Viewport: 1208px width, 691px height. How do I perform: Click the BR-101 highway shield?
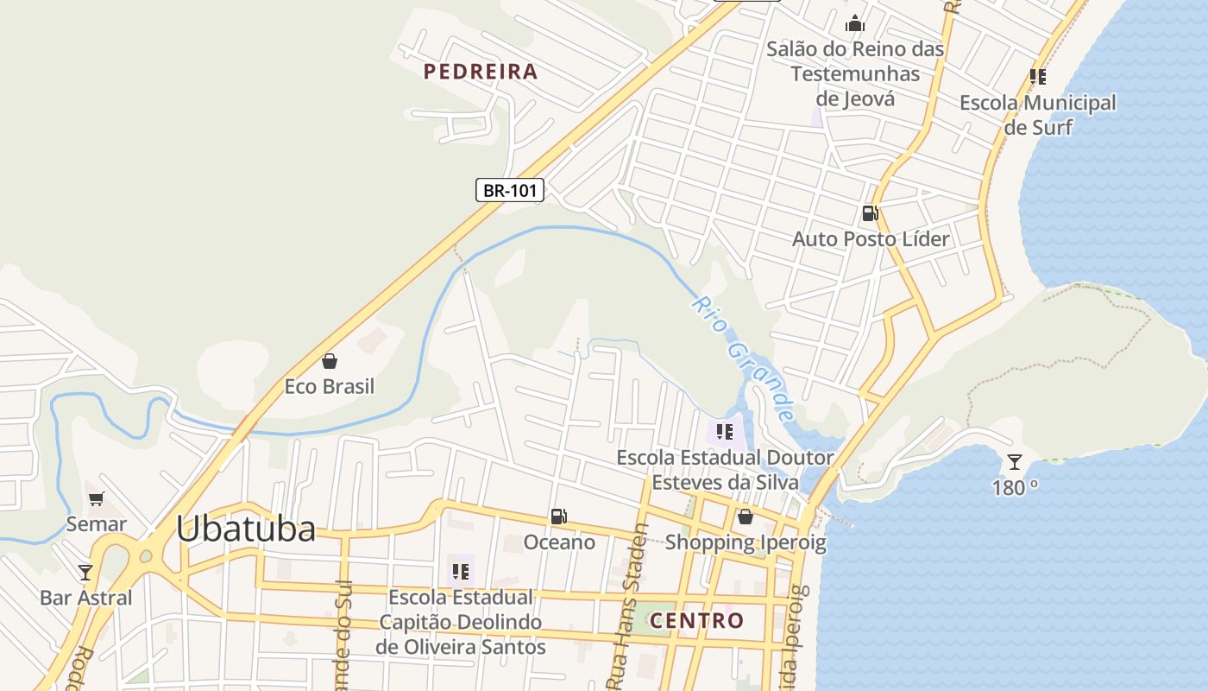click(510, 190)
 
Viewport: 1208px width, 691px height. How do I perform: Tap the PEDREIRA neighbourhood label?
click(481, 72)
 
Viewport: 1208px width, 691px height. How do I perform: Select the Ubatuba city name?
click(246, 529)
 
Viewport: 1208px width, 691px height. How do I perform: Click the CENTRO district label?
click(696, 620)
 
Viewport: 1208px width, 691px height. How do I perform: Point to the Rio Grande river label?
click(742, 358)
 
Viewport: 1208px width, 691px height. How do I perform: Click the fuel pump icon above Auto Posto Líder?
click(871, 213)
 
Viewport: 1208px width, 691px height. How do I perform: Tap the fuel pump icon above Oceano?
click(559, 517)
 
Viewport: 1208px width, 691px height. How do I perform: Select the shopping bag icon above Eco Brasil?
click(329, 360)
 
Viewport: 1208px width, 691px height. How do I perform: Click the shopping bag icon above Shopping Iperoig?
click(746, 517)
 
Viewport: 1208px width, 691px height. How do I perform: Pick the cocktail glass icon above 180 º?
click(1015, 462)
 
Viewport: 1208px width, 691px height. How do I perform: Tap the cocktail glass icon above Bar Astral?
click(85, 572)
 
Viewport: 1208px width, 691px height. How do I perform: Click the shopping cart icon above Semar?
click(96, 498)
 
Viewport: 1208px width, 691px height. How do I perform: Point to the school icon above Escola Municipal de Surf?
click(1038, 77)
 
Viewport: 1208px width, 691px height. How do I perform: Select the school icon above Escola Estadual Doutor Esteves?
click(725, 431)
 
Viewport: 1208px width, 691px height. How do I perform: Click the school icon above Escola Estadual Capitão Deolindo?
click(461, 571)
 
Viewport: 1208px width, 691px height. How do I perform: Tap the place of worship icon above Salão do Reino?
click(855, 23)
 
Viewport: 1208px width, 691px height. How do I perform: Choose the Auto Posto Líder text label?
click(871, 239)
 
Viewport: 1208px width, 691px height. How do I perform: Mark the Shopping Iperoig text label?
click(746, 542)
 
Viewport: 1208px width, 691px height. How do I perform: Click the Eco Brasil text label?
click(330, 386)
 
